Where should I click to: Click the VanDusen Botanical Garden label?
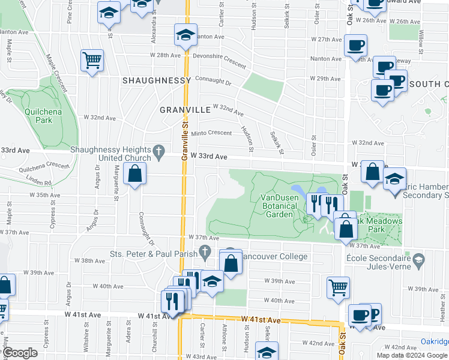(279, 205)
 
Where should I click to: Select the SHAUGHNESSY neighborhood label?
(156, 80)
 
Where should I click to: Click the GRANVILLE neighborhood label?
(185, 110)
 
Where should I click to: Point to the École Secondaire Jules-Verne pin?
(420, 260)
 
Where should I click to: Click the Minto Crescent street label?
(211, 133)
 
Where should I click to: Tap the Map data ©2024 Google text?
(412, 355)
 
